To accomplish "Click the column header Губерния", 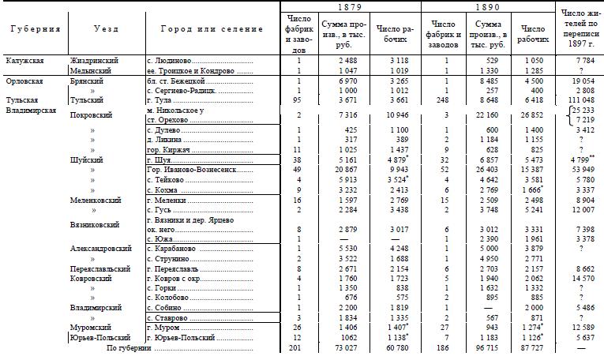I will point(36,29).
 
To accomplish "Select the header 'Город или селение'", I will point(212,29).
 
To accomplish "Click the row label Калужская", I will point(24,60).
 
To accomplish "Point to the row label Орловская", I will point(24,81).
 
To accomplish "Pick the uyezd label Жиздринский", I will point(95,60).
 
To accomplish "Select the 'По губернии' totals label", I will point(129,347).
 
